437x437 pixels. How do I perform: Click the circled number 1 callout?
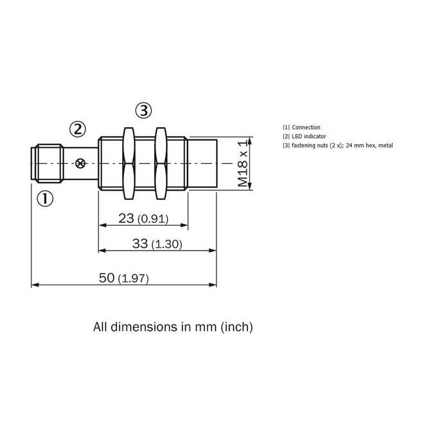coord(45,199)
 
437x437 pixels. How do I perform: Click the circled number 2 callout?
coord(78,129)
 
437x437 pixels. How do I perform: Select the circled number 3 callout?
coord(143,111)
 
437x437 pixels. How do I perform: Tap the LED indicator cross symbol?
coord(80,163)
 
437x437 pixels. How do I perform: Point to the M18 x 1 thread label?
coord(242,164)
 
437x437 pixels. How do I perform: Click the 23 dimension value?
coord(126,219)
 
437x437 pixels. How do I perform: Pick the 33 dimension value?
coord(140,244)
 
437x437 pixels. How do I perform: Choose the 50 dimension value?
coord(107,278)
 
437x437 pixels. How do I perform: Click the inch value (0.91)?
coord(153,219)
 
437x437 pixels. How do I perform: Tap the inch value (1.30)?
coord(166,244)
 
